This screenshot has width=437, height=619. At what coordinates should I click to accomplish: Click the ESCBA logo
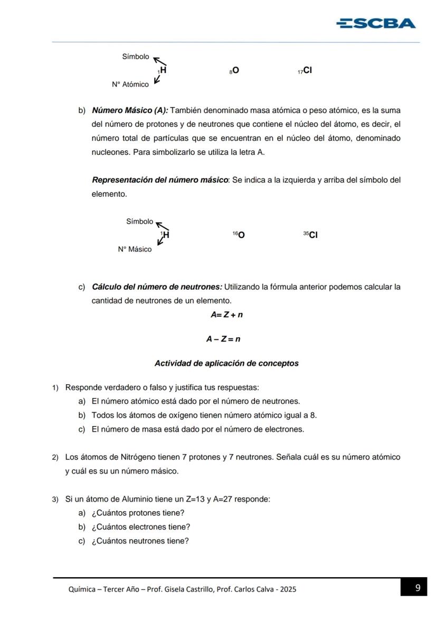(x=376, y=23)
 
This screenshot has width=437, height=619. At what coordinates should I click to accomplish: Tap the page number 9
(x=418, y=588)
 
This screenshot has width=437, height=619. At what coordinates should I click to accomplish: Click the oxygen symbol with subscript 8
(x=234, y=70)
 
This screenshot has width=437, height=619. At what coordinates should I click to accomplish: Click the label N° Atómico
(x=130, y=85)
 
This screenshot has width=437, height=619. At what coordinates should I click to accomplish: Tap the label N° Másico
(x=135, y=250)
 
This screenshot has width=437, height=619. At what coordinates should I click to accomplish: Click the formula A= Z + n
(x=226, y=315)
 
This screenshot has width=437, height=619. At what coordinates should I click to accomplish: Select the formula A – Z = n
(x=223, y=339)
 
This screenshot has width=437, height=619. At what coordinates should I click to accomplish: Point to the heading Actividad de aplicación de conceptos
(x=226, y=364)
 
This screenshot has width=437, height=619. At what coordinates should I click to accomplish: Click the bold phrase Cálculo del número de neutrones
(x=157, y=287)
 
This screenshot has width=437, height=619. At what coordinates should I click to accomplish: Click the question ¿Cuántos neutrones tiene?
(x=140, y=541)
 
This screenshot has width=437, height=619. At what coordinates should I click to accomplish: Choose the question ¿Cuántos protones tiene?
(x=138, y=513)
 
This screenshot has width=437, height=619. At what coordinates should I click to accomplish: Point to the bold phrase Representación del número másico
(x=160, y=180)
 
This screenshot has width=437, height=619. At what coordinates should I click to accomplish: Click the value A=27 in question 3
(x=223, y=499)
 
